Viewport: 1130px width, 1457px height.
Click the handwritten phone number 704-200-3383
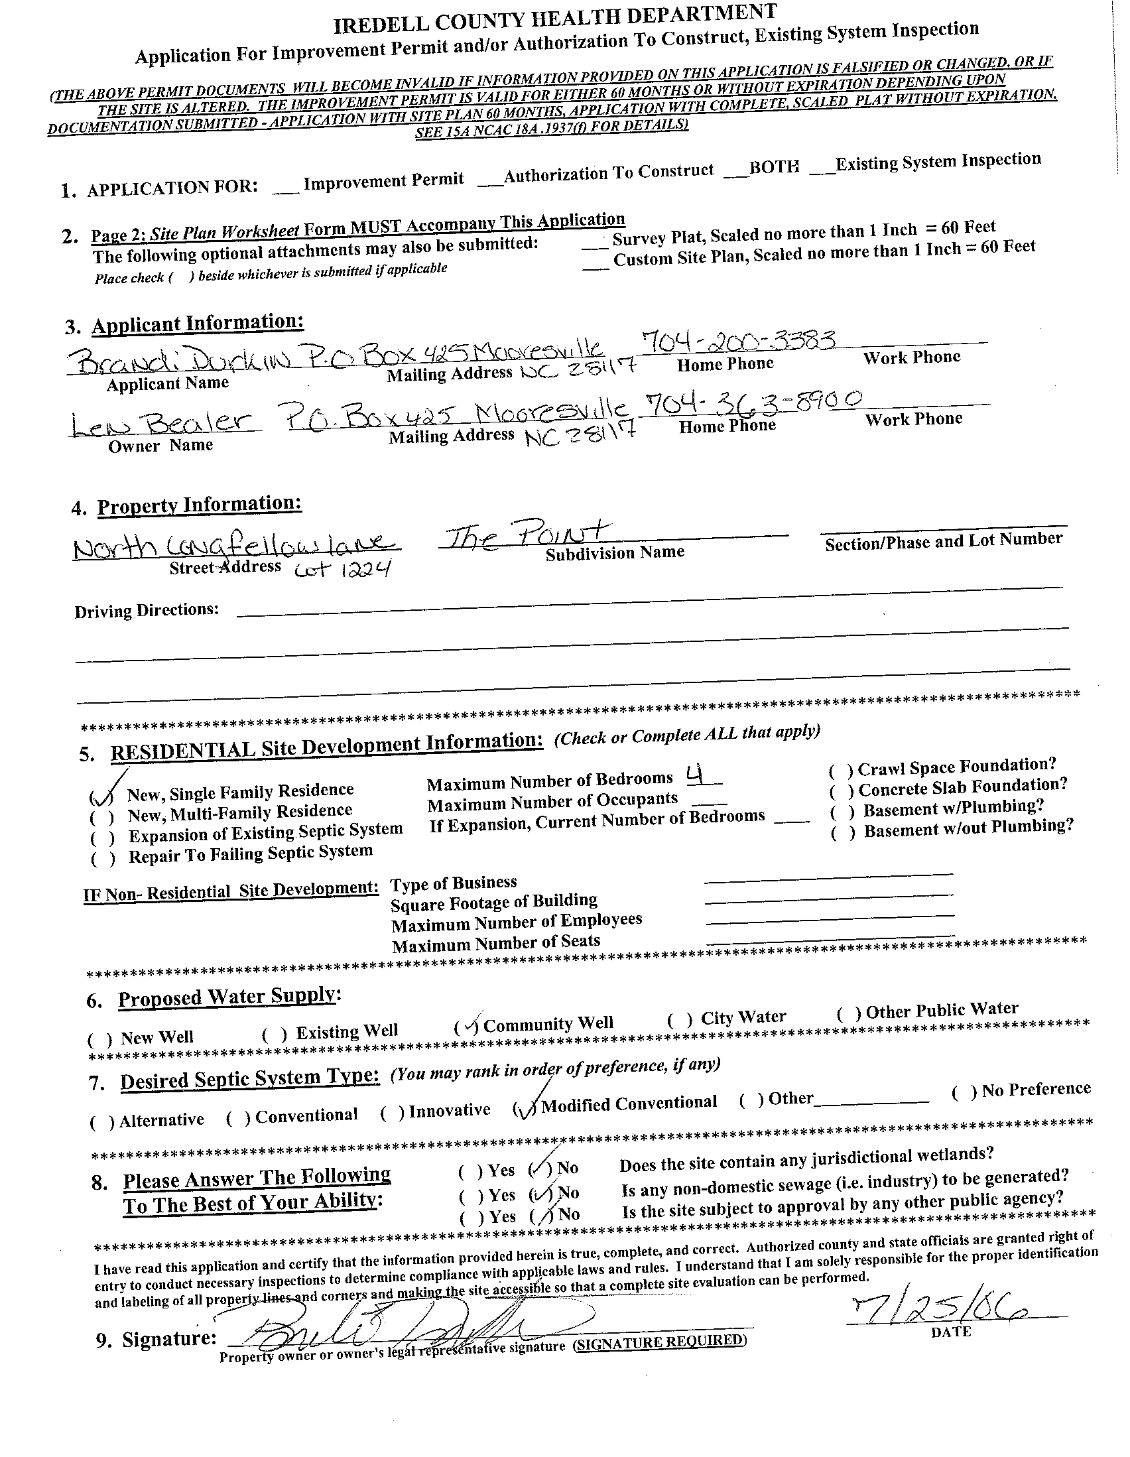[739, 342]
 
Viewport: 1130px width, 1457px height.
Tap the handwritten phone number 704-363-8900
[753, 403]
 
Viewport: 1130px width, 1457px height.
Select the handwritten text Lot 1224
[340, 570]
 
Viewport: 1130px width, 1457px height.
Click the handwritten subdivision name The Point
[528, 535]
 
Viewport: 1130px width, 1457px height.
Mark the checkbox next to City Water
[680, 1020]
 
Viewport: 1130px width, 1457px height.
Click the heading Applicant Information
[198, 324]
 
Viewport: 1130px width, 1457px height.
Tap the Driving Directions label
[146, 610]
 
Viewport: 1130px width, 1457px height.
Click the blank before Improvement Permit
[285, 190]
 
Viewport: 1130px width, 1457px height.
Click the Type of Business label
[453, 883]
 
